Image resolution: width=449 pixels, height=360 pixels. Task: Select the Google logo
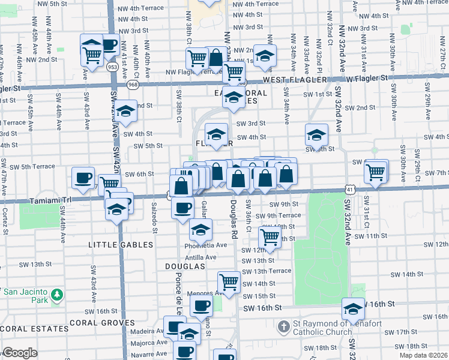coord(20,353)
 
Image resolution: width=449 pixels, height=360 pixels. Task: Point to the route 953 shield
coord(112,67)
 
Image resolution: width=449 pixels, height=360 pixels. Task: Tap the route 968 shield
coord(132,85)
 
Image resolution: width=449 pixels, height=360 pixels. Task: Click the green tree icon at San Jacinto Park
coord(56,295)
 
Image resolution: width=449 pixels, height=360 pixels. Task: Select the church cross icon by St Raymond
coord(284,328)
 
